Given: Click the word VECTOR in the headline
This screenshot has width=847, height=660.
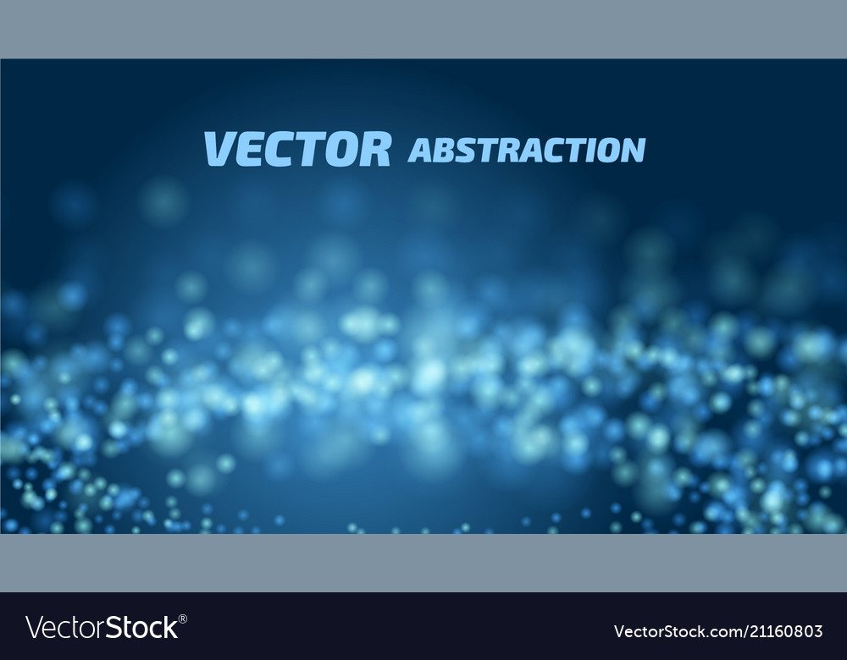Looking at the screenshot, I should point(297,149).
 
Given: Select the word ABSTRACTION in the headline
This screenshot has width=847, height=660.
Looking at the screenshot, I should point(526,150).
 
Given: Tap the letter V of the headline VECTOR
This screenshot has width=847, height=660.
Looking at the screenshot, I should point(218,149).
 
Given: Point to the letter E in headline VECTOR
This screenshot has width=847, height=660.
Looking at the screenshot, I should point(247,149).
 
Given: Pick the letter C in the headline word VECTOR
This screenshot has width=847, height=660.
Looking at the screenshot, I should point(277,149).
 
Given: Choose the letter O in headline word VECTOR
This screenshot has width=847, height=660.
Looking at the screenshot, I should point(339,149).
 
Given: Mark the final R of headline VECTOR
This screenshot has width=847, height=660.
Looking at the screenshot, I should point(374,149).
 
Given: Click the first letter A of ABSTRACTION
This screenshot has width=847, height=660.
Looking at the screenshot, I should point(418,151).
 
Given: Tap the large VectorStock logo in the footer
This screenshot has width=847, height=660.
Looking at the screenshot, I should point(102,628).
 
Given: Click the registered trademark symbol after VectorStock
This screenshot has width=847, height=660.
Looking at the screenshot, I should point(183,619).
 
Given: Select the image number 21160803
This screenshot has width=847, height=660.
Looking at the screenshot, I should point(778,631).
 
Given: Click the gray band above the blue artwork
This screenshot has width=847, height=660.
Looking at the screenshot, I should point(423,29).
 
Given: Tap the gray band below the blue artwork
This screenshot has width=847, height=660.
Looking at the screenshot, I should point(423,563).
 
